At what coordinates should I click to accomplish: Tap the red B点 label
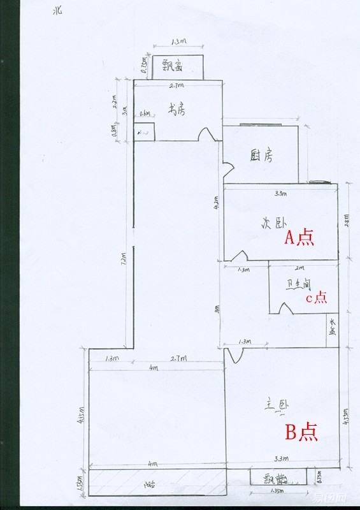pos(301,433)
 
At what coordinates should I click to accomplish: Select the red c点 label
pos(315,297)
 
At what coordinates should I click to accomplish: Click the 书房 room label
pos(176,109)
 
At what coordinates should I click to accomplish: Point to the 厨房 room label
pos(261,156)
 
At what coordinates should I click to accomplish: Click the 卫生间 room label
pos(298,281)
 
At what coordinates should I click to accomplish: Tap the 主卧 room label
pos(275,405)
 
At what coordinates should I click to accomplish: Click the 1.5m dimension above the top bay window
pos(179,42)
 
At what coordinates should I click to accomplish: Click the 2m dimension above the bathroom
pos(300,268)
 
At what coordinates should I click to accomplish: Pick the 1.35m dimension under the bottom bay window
pos(277,492)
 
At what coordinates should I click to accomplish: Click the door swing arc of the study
pos(206,134)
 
